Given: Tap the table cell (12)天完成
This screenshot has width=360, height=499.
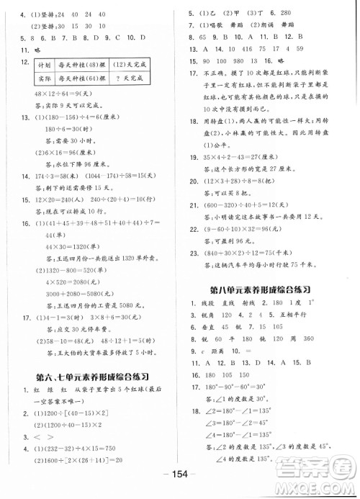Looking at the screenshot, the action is click(x=138, y=66).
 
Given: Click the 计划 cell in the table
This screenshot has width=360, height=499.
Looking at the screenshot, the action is click(x=37, y=66).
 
